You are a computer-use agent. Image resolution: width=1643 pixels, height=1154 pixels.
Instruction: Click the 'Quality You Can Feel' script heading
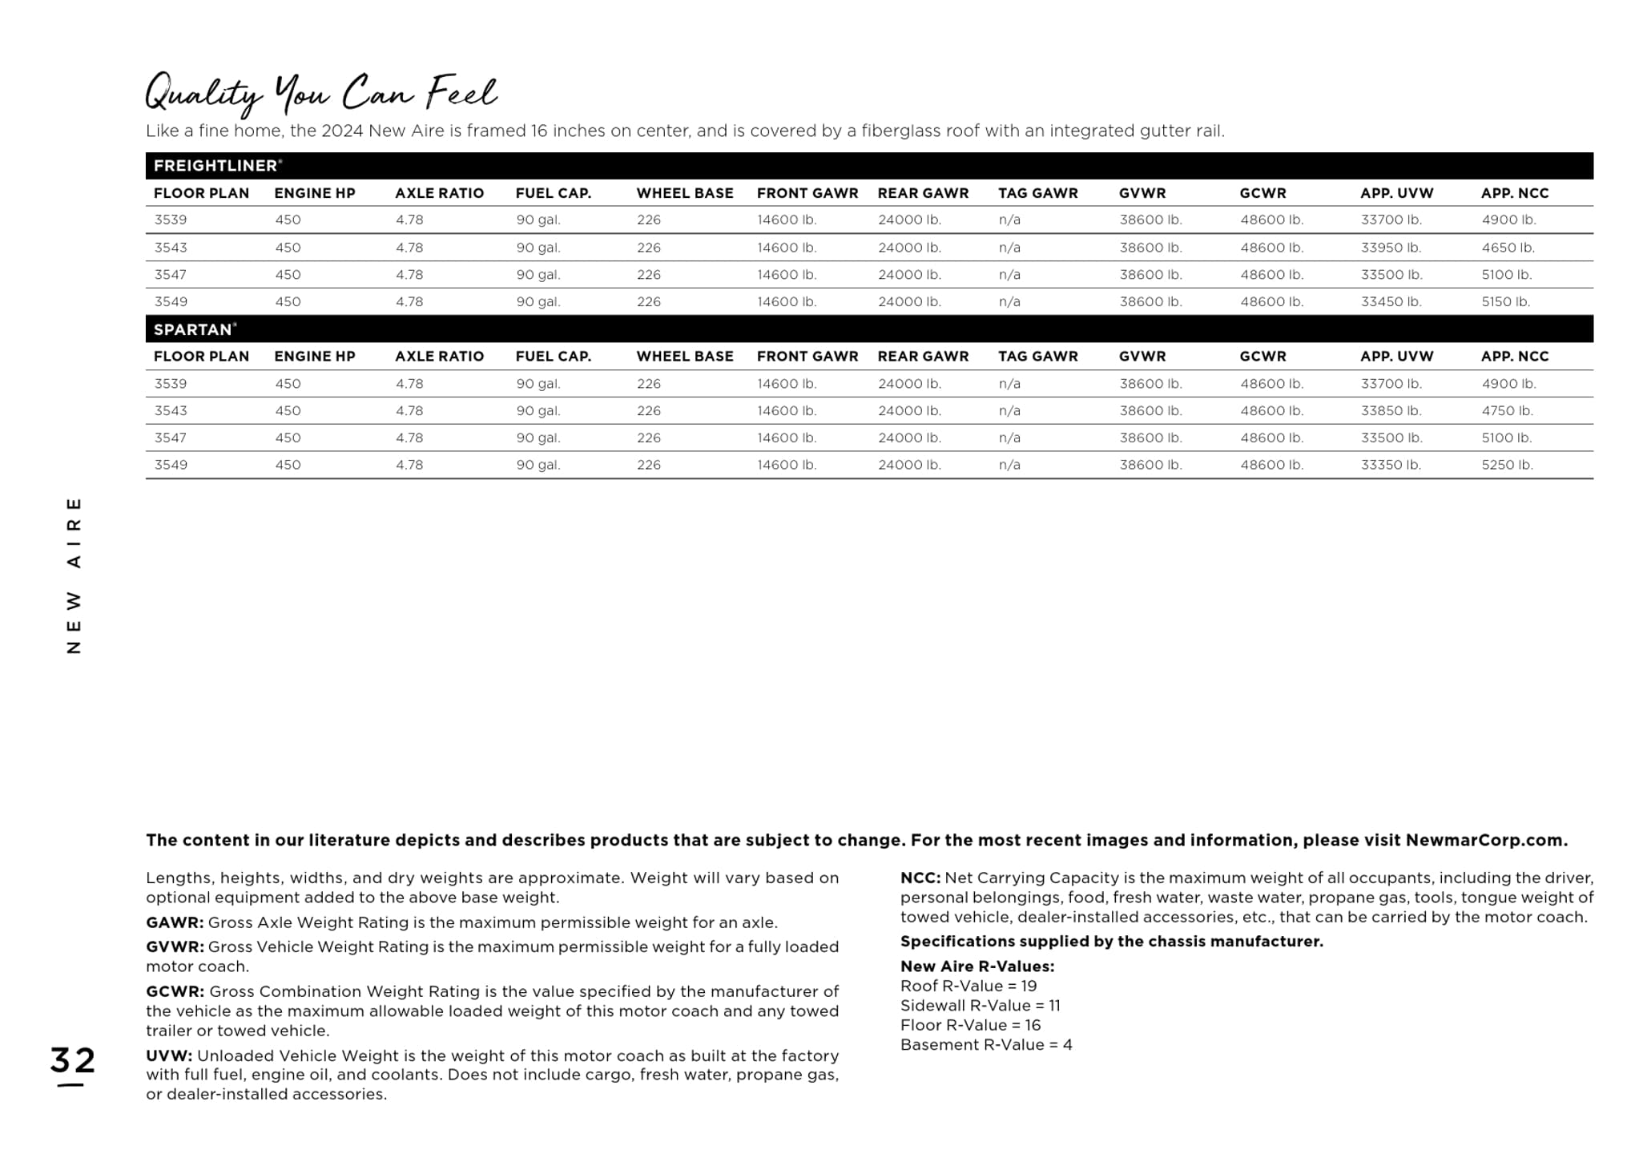[x=321, y=94]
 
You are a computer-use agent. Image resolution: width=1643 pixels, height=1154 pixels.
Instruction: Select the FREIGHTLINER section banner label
[x=216, y=166]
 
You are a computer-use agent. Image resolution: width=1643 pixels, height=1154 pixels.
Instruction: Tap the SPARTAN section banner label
[x=194, y=329]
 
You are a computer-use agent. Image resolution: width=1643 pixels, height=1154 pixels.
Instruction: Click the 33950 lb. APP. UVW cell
[x=1391, y=248]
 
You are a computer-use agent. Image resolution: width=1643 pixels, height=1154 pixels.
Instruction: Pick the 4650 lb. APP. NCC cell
[x=1508, y=248]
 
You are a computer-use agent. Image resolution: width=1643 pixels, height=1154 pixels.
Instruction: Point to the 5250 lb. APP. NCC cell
[x=1507, y=465]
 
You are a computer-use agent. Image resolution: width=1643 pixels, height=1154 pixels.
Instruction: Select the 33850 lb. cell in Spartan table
[x=1391, y=410]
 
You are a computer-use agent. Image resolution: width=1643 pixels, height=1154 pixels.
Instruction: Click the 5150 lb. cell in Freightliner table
[x=1505, y=302]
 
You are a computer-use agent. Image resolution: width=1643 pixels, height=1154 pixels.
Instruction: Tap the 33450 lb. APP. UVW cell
[x=1391, y=302]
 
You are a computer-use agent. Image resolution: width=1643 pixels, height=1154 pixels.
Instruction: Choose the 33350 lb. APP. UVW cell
[x=1391, y=465]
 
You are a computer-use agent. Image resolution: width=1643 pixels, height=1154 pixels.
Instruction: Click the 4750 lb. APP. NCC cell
[x=1507, y=410]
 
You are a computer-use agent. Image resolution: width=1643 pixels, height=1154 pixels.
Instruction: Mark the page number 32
[x=72, y=1060]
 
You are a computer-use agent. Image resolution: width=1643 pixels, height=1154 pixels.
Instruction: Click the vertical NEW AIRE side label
[x=74, y=575]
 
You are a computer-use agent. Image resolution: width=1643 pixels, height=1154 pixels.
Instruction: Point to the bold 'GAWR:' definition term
[x=175, y=922]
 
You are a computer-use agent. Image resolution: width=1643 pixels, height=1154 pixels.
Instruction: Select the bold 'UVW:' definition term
[x=169, y=1055]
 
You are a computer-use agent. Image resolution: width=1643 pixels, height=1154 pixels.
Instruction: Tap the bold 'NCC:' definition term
[x=920, y=878]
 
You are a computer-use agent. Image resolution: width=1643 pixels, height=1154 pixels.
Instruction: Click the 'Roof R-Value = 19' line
[x=968, y=986]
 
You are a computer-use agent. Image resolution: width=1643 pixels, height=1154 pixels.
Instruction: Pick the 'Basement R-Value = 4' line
[x=985, y=1044]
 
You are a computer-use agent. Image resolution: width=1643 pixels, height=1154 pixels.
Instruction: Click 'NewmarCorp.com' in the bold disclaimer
[x=1485, y=840]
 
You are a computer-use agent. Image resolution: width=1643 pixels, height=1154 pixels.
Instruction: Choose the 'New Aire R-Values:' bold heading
[x=977, y=966]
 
